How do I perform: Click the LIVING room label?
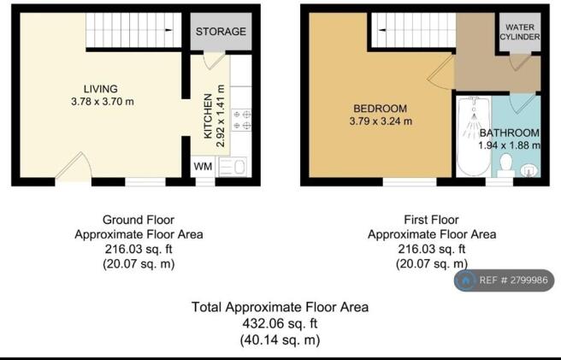[x=100, y=89]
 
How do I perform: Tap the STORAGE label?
[x=221, y=32]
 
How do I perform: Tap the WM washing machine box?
[x=203, y=165]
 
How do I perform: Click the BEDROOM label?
[x=381, y=109]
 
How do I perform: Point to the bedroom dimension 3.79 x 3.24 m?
[x=381, y=121]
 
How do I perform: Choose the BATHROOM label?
[x=509, y=133]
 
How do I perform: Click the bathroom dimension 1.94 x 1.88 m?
[x=509, y=146]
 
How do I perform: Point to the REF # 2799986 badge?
[x=505, y=280]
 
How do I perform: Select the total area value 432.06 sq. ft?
[x=280, y=324]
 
